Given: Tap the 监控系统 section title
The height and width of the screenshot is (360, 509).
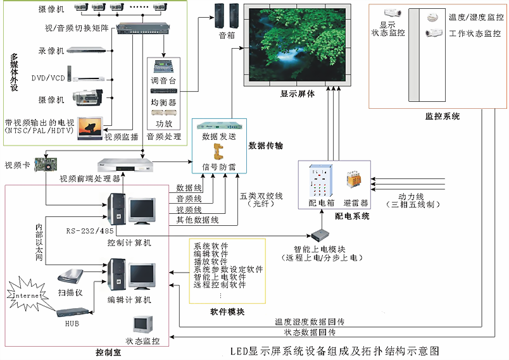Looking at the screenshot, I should pyautogui.click(x=443, y=116).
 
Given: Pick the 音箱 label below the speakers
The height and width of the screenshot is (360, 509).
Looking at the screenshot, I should pyautogui.click(x=227, y=36).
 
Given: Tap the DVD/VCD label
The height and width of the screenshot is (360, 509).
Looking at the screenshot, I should pyautogui.click(x=48, y=78).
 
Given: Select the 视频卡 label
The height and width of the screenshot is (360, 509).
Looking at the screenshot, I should pyautogui.click(x=17, y=166).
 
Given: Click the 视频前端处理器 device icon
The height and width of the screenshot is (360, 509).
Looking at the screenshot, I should pyautogui.click(x=125, y=164).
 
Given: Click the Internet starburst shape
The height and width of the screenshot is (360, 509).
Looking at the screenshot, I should pyautogui.click(x=26, y=295).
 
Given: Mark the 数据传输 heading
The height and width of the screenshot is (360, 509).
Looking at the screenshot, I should pyautogui.click(x=266, y=146).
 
